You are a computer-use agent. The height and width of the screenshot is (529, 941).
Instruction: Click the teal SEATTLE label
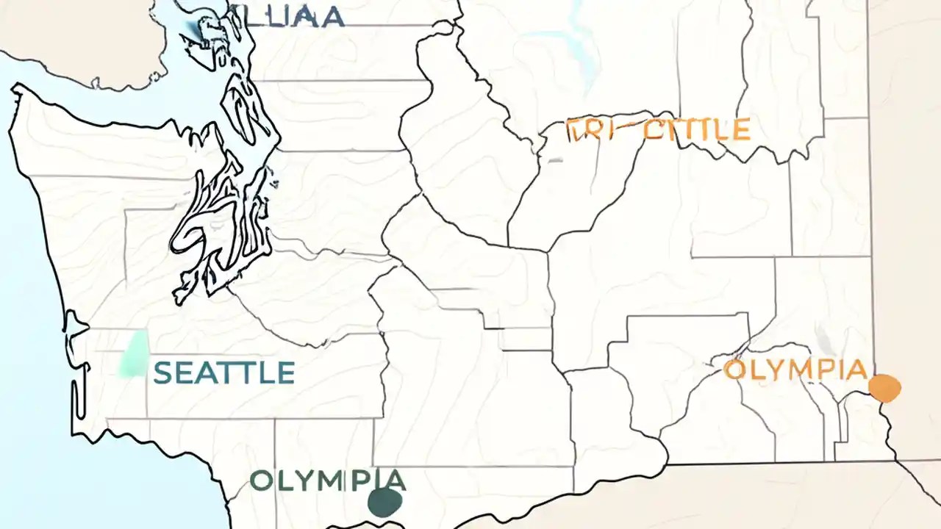[224, 373]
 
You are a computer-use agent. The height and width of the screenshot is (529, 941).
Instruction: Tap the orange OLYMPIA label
[795, 370]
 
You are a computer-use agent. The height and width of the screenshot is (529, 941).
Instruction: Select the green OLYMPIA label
[327, 481]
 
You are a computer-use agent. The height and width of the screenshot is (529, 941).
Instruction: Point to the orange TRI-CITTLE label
[659, 130]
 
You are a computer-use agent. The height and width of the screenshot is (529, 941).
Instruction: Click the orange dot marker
[884, 387]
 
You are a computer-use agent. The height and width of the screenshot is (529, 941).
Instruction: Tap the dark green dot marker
[384, 502]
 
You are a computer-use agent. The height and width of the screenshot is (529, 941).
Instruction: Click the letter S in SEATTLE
[162, 373]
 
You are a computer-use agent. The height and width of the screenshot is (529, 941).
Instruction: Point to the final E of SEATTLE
[285, 373]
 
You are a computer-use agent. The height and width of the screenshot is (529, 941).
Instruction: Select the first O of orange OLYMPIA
[735, 370]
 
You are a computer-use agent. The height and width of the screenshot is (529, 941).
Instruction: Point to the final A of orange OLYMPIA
[855, 370]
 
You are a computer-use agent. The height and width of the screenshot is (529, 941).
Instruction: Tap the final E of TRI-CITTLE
[741, 130]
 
